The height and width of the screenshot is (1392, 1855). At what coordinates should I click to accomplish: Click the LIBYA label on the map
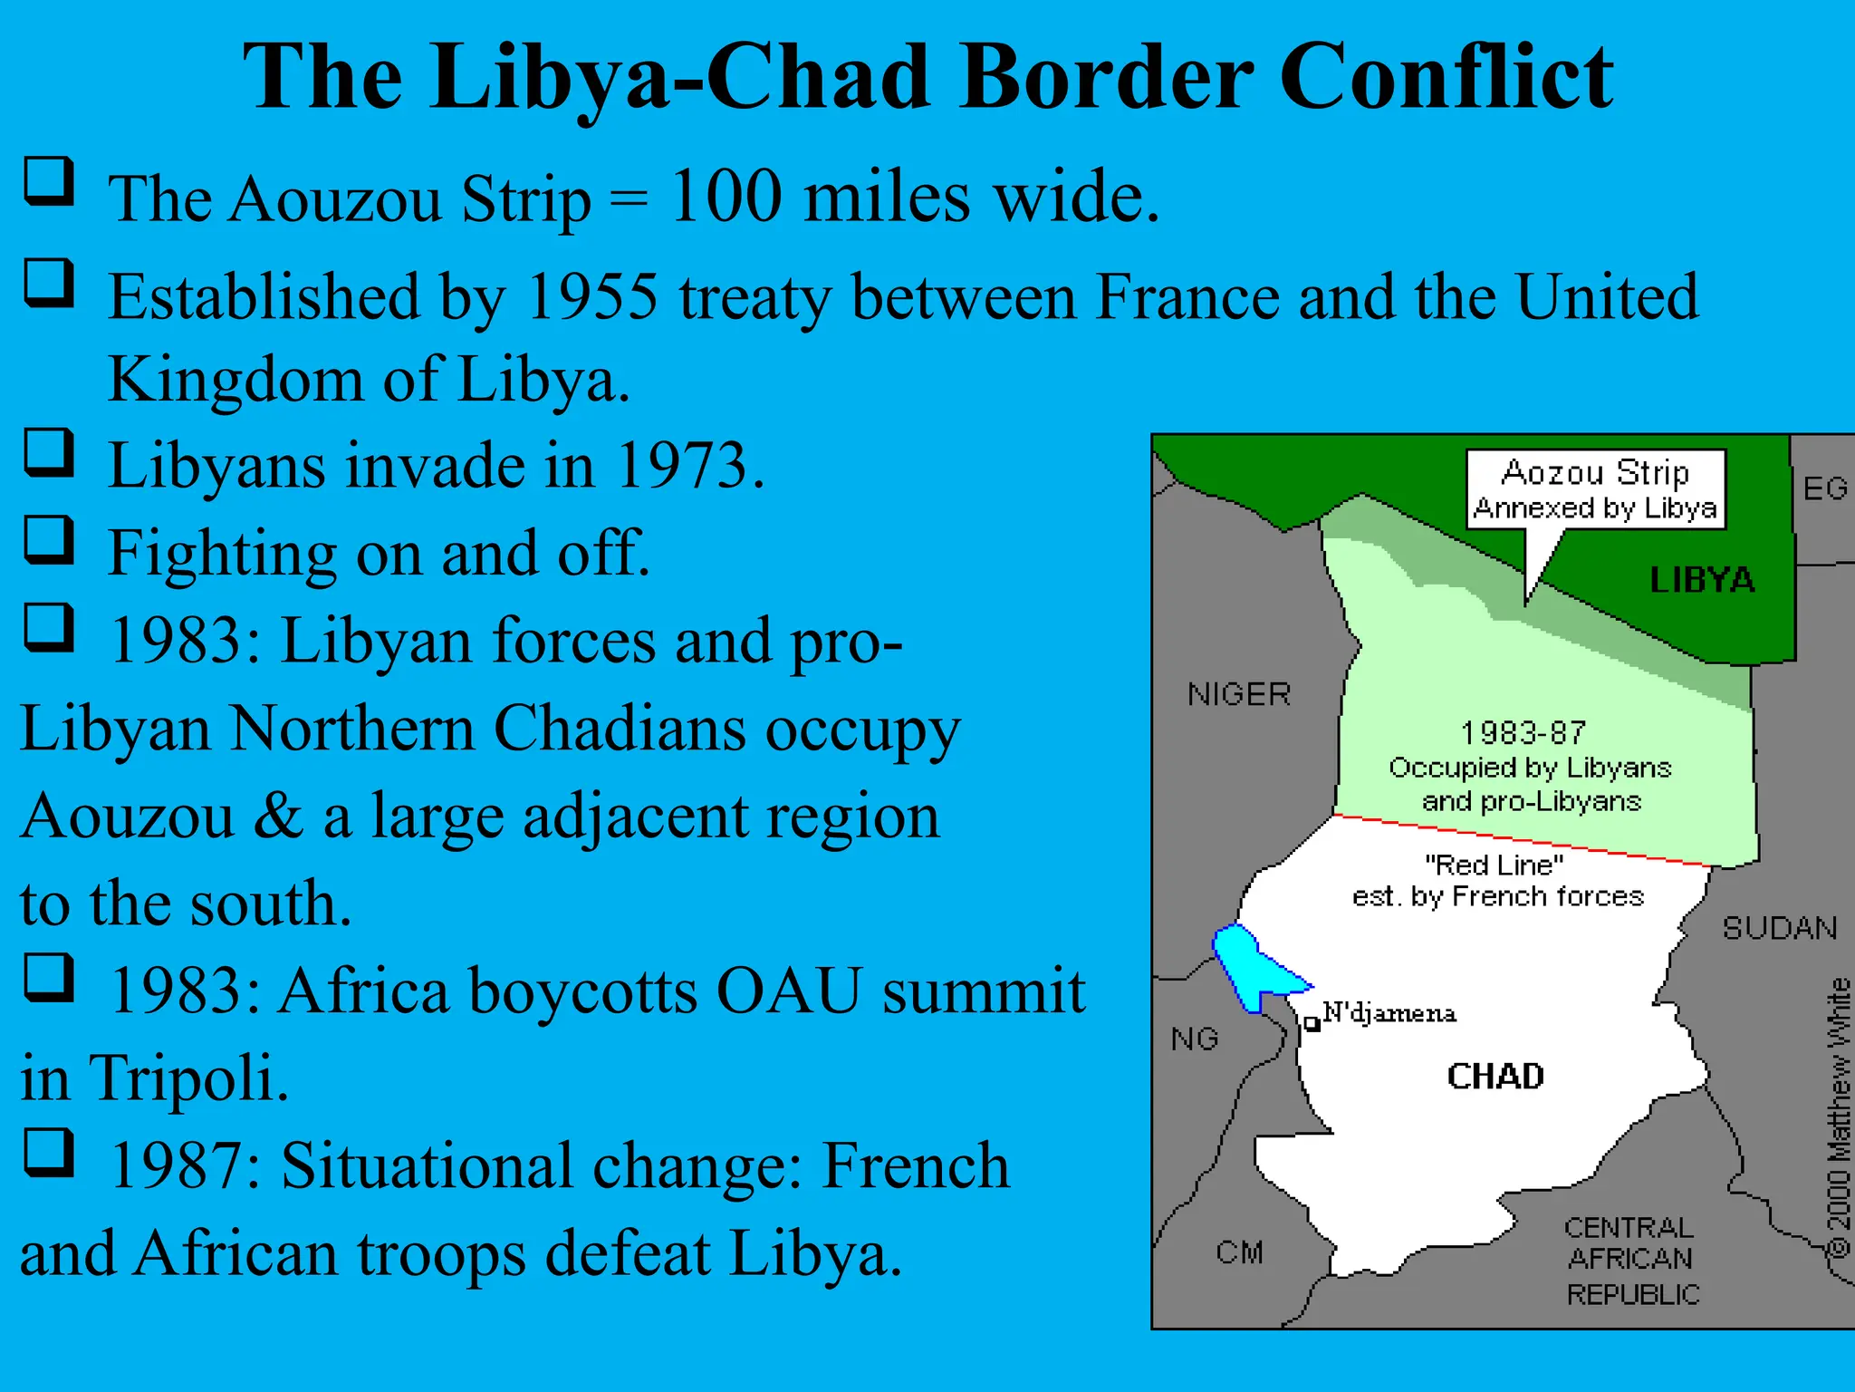(x=1702, y=580)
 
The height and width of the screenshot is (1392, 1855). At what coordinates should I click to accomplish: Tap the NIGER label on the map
(x=1239, y=694)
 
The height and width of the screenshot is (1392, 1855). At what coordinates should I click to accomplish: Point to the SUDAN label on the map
(x=1779, y=928)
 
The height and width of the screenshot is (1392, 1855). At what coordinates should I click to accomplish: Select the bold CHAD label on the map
(x=1495, y=1077)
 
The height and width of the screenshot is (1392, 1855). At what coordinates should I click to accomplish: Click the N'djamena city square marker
(x=1311, y=1024)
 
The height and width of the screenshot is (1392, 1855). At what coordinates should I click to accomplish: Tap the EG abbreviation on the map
(x=1824, y=489)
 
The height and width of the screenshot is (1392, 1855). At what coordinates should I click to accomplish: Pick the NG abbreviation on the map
(x=1194, y=1039)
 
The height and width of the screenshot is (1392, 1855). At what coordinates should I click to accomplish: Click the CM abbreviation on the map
(x=1239, y=1252)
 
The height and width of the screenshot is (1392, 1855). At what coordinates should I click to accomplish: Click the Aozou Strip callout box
(x=1596, y=489)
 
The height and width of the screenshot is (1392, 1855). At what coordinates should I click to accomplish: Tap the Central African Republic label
(x=1631, y=1261)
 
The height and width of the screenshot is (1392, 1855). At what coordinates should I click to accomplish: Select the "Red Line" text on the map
(x=1495, y=865)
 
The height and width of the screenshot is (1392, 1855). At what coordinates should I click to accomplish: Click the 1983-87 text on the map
(x=1523, y=732)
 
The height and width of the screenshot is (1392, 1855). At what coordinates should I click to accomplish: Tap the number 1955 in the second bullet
(x=592, y=296)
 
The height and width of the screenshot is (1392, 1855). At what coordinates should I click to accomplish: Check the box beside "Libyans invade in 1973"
(x=48, y=452)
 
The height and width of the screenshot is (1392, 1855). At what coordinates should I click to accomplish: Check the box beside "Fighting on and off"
(x=48, y=539)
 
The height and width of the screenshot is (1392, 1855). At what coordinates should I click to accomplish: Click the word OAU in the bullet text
(x=788, y=991)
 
